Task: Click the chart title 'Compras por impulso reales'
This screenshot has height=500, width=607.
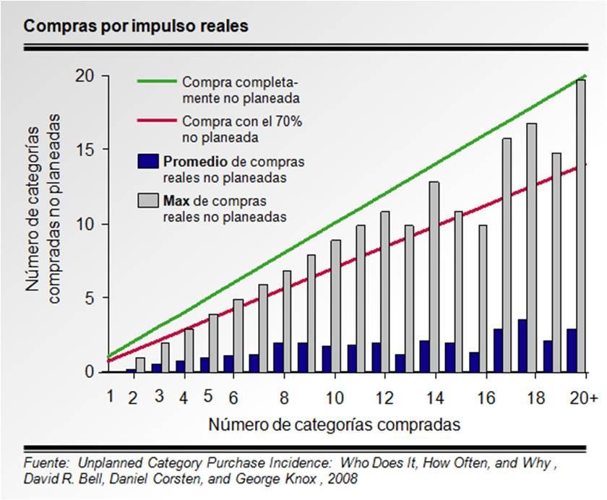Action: (137, 26)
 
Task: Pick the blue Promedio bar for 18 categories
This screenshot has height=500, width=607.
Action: (522, 345)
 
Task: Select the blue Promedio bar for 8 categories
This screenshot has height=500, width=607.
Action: (278, 357)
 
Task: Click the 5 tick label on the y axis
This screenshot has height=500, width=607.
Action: (91, 298)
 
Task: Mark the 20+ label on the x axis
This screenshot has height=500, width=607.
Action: (582, 398)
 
